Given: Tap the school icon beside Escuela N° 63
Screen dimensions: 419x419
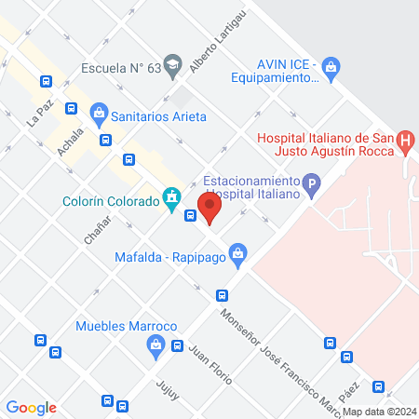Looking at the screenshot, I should point(171,65).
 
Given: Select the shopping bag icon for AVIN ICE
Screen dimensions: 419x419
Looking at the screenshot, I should point(333,66).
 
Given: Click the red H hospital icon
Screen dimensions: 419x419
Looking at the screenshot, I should point(405,142).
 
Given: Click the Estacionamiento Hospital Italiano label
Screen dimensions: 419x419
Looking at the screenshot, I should point(250,187).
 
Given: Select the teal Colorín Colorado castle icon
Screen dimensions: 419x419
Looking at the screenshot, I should point(170,197).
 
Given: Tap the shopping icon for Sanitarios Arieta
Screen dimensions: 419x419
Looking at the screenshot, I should point(99,115).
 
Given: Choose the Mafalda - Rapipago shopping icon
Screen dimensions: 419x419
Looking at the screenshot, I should point(239,252).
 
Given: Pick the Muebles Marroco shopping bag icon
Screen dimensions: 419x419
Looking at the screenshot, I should point(155,345).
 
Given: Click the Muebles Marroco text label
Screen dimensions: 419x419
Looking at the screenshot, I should point(127,326).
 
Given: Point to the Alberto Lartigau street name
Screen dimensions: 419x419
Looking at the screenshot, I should point(207,51).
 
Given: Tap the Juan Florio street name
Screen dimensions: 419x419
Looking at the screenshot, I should point(202,362).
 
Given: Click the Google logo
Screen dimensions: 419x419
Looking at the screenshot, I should point(32,407).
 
